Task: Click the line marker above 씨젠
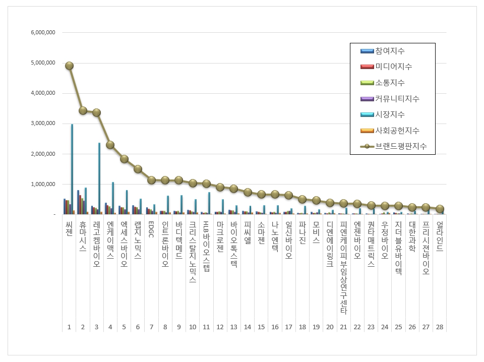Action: click(69, 66)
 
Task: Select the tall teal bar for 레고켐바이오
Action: click(99, 178)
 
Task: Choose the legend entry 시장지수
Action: click(389, 114)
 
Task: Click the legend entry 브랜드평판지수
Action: click(400, 146)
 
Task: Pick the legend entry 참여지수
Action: click(389, 51)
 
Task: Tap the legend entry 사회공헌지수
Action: click(397, 131)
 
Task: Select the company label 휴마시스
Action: click(83, 237)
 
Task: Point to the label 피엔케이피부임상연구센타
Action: click(343, 267)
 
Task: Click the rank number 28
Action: click(440, 327)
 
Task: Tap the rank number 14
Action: click(248, 327)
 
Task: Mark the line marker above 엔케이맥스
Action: click(110, 145)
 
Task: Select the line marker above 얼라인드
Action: click(440, 209)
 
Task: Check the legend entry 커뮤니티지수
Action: click(397, 98)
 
